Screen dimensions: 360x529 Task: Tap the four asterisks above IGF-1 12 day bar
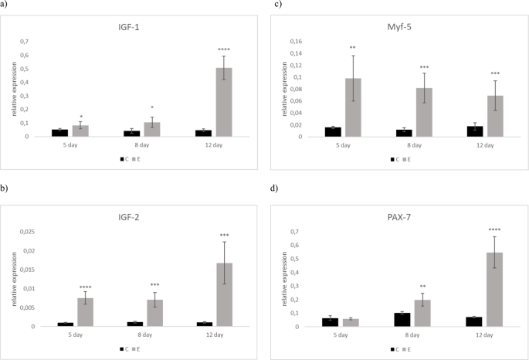click(224, 49)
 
